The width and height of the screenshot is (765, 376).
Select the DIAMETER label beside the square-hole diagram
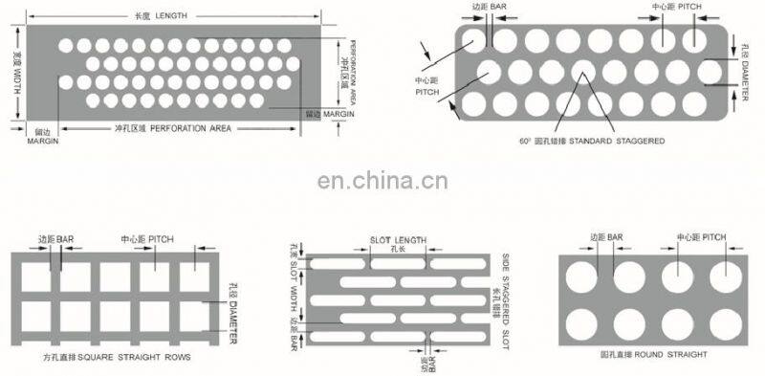click(x=234, y=312)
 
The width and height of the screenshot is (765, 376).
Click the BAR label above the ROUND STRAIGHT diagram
click(x=606, y=235)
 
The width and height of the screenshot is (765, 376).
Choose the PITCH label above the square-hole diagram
click(x=147, y=237)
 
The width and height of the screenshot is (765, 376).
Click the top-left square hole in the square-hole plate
click(x=35, y=276)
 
